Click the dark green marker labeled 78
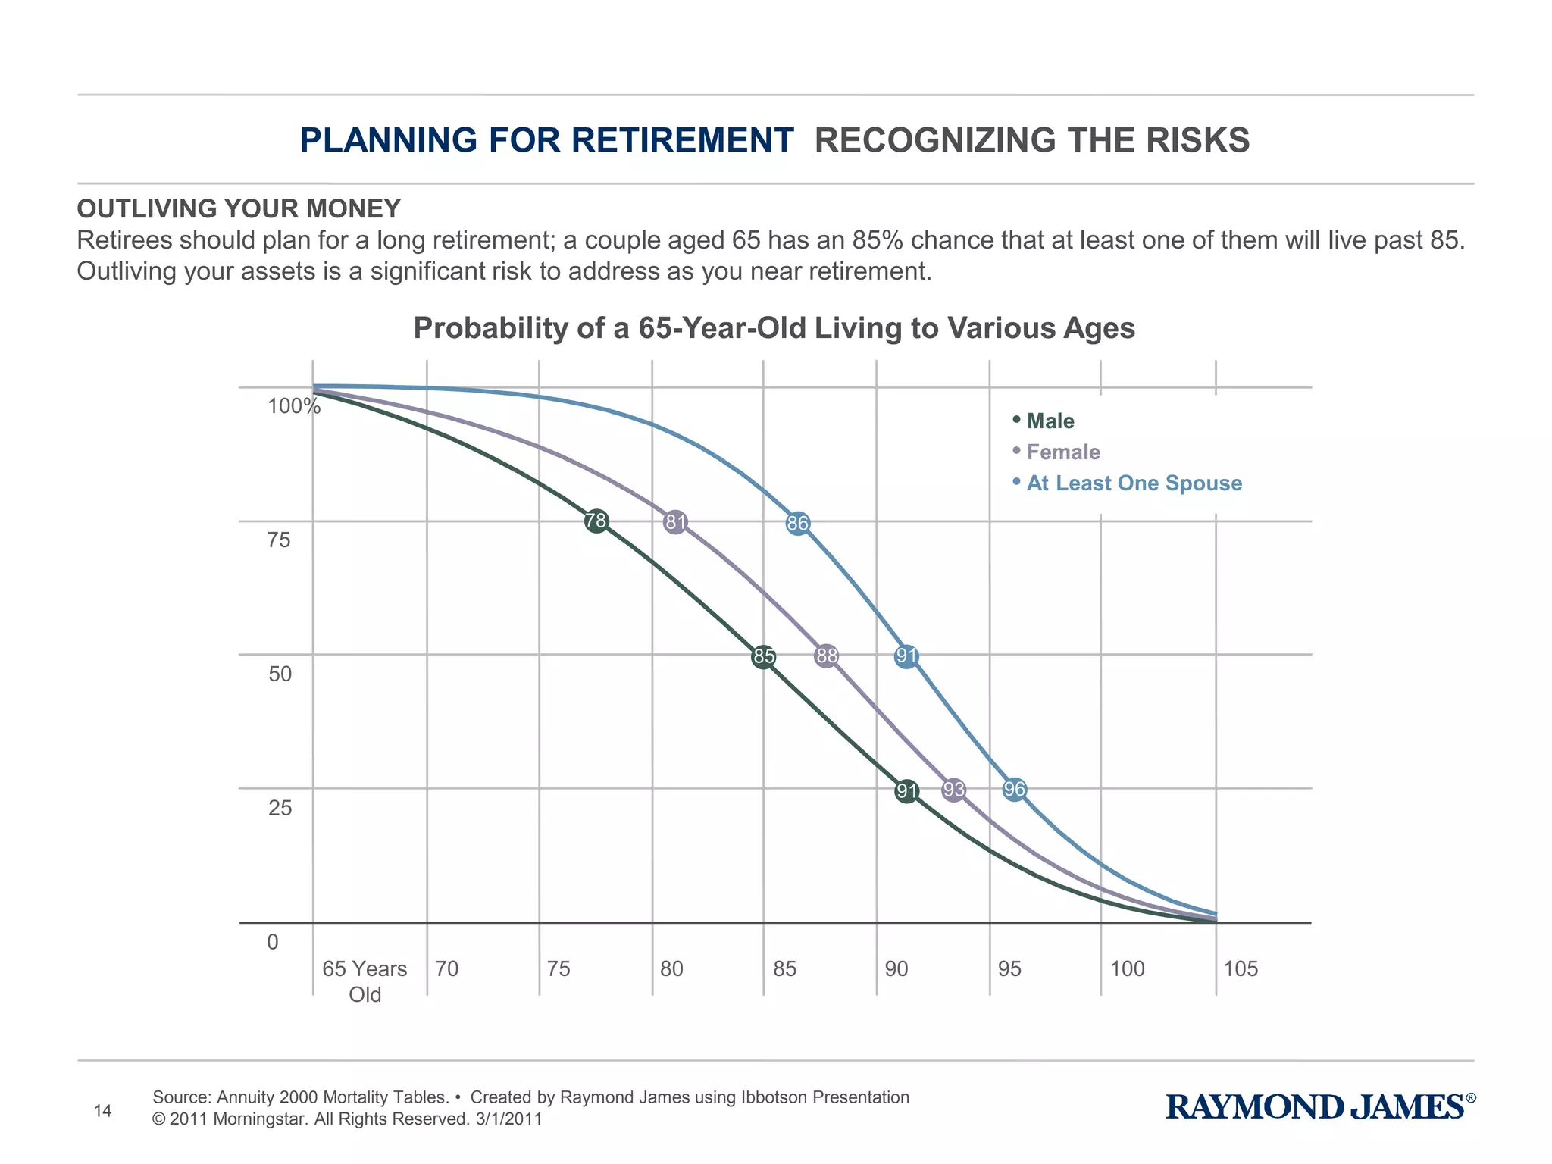596,521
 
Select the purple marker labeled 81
675,522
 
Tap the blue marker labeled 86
798,524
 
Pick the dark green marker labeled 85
764,656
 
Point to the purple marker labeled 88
827,656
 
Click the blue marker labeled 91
906,656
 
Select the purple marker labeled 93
954,790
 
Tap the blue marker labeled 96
1015,790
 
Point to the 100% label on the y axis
294,406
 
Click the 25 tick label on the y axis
280,808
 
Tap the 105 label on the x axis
1241,969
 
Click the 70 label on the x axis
447,969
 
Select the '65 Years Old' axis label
365,981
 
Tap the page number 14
102,1111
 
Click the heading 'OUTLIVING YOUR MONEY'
239,208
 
